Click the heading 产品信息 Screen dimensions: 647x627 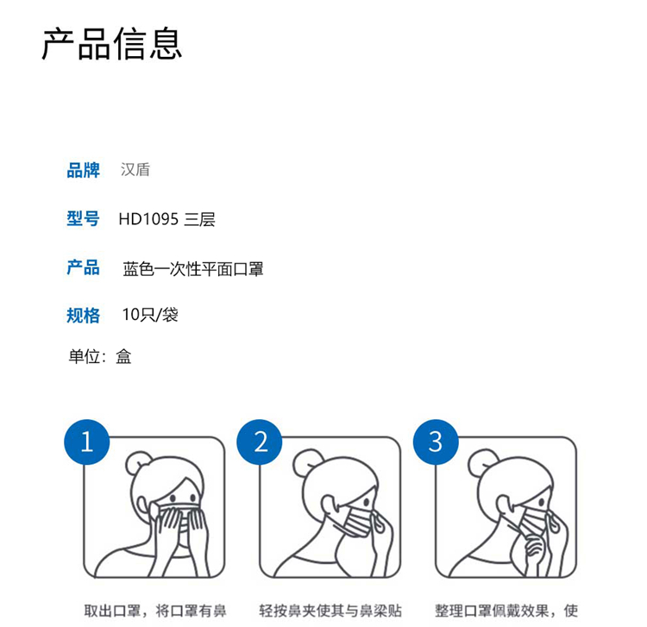click(x=112, y=43)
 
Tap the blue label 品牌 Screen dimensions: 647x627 click(x=84, y=171)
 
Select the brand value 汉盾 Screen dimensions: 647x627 click(x=135, y=170)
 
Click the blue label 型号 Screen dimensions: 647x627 click(x=84, y=218)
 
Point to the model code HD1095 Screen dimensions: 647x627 click(x=148, y=219)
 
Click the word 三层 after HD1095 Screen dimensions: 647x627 click(x=200, y=219)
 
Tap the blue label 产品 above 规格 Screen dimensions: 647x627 click(x=84, y=267)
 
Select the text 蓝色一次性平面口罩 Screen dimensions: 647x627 click(x=193, y=269)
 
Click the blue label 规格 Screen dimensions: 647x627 click(x=84, y=316)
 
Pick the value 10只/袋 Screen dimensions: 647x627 click(x=150, y=315)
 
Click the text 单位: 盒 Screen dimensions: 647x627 click(x=100, y=356)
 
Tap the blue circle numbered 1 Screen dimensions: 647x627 click(x=86, y=442)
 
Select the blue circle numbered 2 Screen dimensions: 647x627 click(x=260, y=442)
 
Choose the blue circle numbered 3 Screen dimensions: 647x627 click(x=436, y=442)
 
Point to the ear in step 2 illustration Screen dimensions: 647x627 click(x=330, y=505)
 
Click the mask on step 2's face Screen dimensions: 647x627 click(x=358, y=521)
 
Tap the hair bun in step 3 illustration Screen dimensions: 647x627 click(x=479, y=461)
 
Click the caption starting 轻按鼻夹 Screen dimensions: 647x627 click(x=330, y=611)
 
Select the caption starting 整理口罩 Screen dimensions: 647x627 click(x=506, y=611)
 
